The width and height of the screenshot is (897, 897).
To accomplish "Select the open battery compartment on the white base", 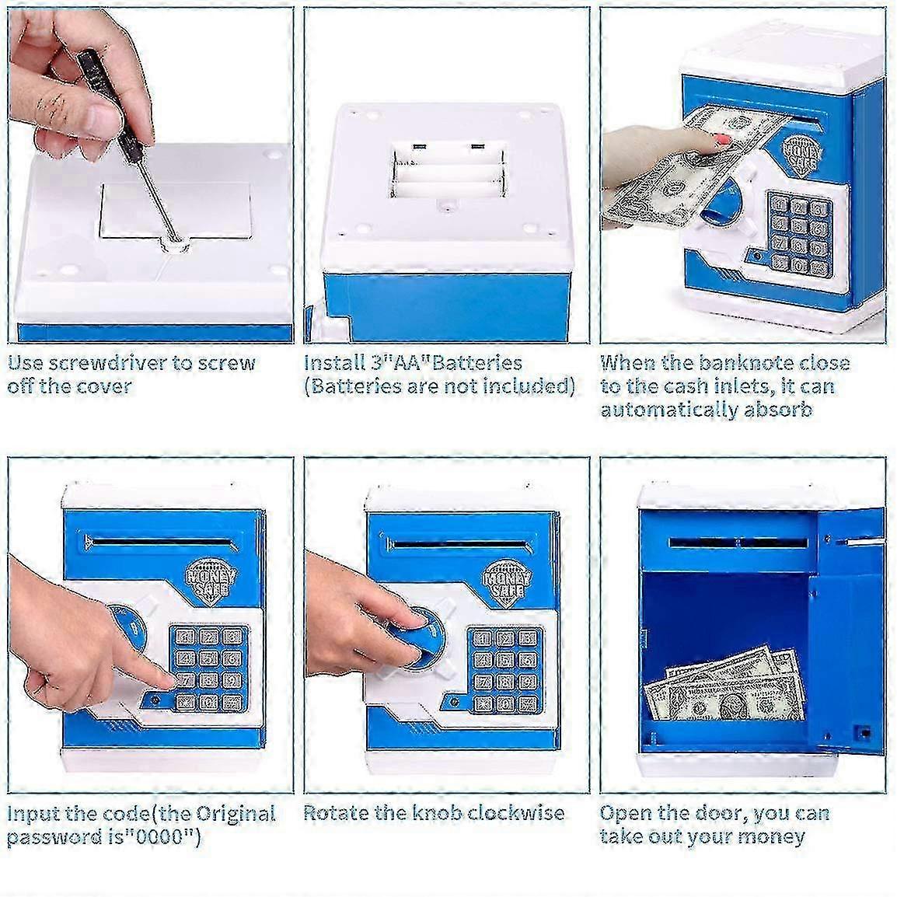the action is pyautogui.click(x=448, y=170).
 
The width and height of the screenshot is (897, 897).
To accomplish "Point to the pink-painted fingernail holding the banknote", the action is pyautogui.click(x=723, y=139).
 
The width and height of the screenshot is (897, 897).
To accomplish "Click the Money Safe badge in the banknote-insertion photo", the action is pyautogui.click(x=801, y=154).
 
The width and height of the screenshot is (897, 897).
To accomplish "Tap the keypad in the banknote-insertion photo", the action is pyautogui.click(x=800, y=232).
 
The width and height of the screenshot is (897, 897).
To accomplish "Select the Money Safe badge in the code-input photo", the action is pyautogui.click(x=211, y=582).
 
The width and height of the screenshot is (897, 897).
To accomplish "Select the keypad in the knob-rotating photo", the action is pyautogui.click(x=504, y=670).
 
